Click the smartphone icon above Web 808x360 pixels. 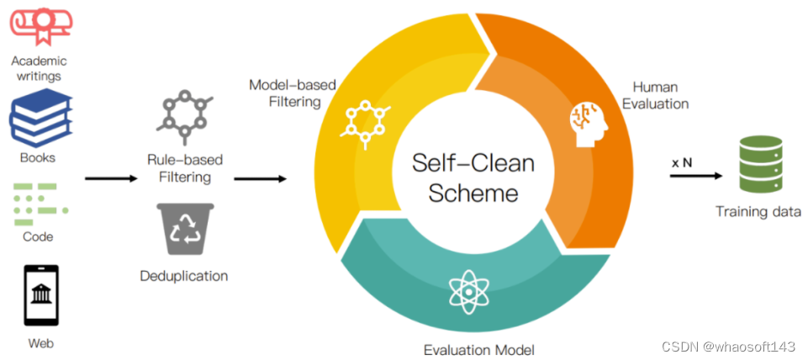click(41, 296)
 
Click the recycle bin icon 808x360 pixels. click(184, 229)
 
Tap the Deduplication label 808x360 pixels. click(184, 276)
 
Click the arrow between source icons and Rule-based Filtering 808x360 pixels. click(110, 178)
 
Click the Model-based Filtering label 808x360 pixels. click(286, 93)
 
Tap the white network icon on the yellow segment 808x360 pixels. click(364, 120)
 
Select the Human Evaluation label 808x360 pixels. click(660, 95)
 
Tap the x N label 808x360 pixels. click(682, 162)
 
